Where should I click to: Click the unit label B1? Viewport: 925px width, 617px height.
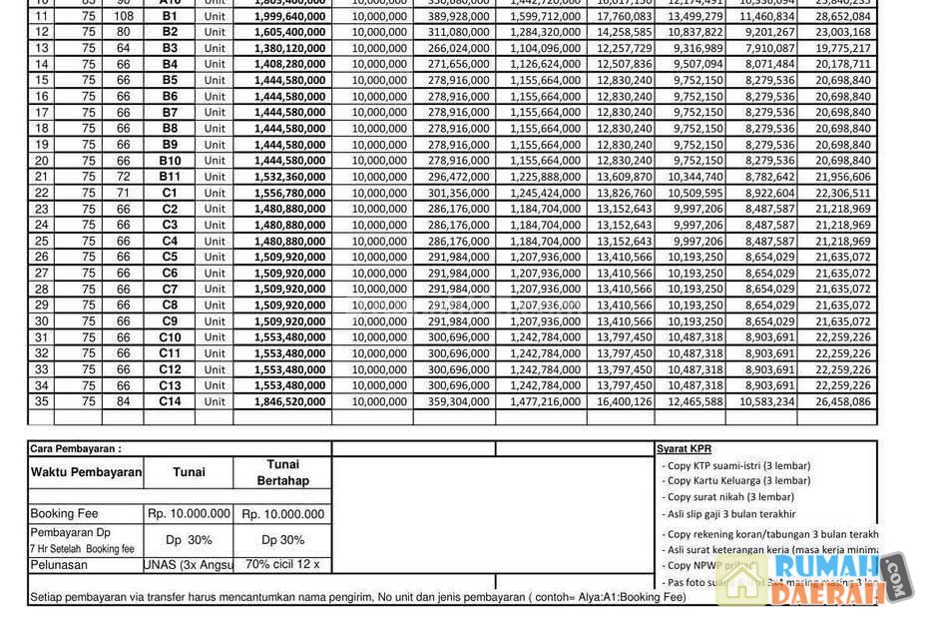point(169,16)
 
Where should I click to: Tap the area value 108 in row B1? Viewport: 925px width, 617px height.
point(124,16)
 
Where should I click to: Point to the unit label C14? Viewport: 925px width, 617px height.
point(170,401)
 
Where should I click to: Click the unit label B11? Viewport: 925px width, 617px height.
point(170,177)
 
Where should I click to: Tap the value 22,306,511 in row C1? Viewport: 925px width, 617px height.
point(842,193)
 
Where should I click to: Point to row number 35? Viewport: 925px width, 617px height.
point(41,401)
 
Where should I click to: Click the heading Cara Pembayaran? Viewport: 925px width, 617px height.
point(76,449)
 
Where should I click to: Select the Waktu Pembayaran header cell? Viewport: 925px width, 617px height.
point(86,472)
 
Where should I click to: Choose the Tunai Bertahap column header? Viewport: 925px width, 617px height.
point(283,472)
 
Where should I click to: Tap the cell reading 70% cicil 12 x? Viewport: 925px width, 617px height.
point(282,565)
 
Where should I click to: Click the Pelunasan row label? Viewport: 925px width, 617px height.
point(59,565)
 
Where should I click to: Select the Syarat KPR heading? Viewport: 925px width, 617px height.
point(685,449)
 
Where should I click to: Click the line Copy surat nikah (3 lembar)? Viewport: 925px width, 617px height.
point(730,497)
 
